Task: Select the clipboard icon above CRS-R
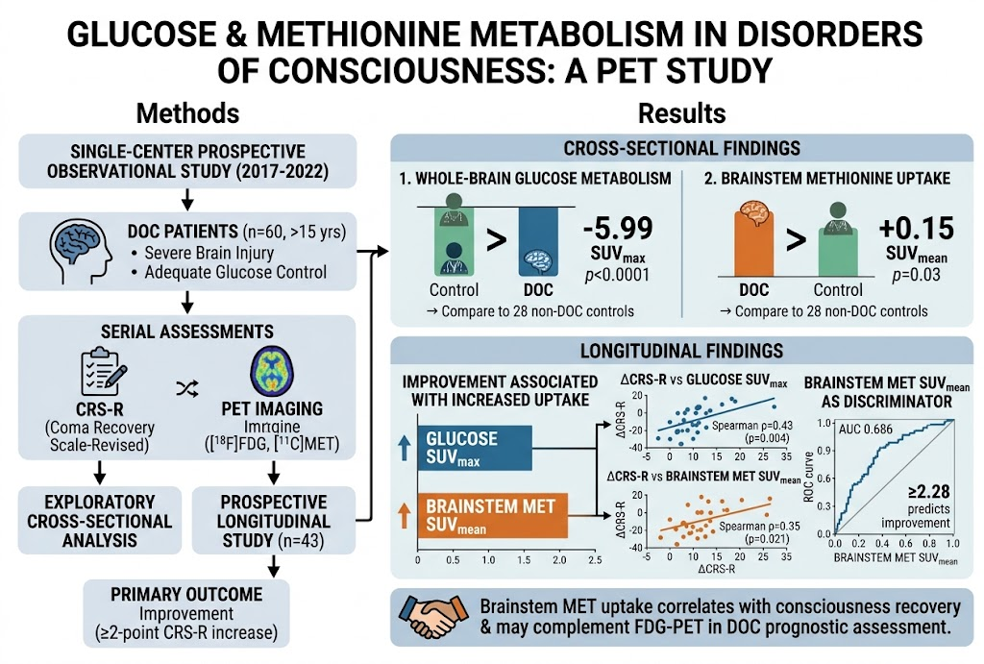pos(103,372)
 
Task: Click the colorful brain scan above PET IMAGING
pos(272,371)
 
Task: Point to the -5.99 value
pos(618,228)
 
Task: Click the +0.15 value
pos(916,228)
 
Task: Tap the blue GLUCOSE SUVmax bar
pos(475,448)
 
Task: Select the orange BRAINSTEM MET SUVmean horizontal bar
pos(493,515)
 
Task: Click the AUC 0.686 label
pos(866,430)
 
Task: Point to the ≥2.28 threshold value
pos(929,491)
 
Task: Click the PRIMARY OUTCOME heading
pos(186,594)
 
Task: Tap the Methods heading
pos(187,113)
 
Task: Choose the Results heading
pos(681,113)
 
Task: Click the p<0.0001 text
pos(617,275)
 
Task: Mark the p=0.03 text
pos(916,275)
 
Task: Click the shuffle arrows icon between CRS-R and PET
pos(187,389)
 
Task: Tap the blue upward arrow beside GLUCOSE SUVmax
pos(405,449)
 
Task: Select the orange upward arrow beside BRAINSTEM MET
pos(405,516)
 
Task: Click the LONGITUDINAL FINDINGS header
pos(681,350)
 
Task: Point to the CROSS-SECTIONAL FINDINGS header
pos(681,148)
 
